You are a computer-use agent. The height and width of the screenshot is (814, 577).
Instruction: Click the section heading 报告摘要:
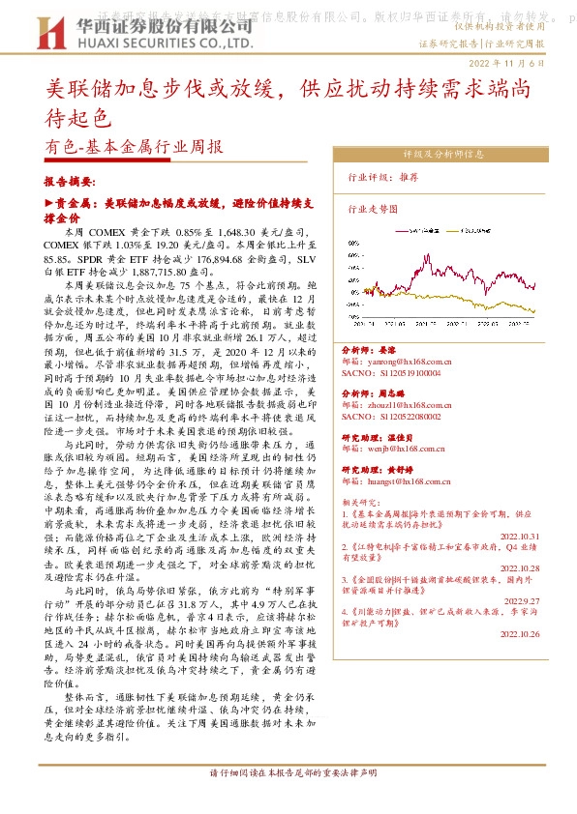coord(70,181)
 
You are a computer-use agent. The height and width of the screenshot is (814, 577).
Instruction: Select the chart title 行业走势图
coord(373,208)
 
